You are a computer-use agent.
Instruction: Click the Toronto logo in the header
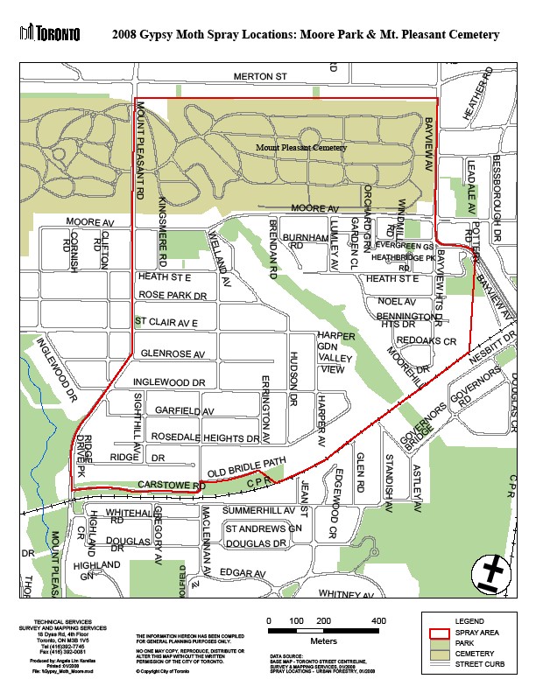49,33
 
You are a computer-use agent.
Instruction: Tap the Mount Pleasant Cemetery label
301,148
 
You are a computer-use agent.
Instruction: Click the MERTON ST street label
261,77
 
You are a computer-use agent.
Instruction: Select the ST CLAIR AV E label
173,322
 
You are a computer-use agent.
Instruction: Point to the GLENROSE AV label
173,353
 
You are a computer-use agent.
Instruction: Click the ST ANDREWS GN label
263,529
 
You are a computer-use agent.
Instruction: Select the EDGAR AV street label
242,573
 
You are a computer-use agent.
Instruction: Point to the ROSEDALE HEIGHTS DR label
204,437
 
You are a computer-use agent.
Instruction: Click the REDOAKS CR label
427,340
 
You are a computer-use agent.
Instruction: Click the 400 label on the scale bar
378,620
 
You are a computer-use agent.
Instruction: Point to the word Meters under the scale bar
323,640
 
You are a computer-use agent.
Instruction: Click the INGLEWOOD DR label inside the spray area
169,383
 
